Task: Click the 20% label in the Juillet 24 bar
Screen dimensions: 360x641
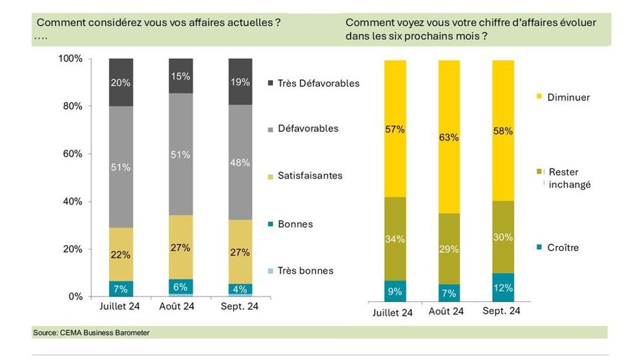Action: coord(121,83)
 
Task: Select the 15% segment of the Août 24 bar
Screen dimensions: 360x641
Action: coord(181,76)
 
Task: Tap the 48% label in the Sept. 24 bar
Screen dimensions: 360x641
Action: coord(240,163)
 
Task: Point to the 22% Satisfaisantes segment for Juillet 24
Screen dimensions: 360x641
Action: coord(121,254)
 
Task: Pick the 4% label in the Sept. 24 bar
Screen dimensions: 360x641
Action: coord(240,288)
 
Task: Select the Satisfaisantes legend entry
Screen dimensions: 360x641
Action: coord(310,176)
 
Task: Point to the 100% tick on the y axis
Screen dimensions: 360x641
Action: coord(71,59)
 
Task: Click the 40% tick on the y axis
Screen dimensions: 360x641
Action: coord(72,201)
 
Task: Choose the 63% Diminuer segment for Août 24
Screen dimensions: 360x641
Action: coord(449,136)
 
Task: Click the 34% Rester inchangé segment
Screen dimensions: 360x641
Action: coord(395,240)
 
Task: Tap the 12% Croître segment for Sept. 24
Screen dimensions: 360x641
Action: coord(503,288)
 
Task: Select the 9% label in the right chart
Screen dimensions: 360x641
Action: coord(395,291)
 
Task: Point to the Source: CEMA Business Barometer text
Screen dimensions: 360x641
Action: coord(90,333)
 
